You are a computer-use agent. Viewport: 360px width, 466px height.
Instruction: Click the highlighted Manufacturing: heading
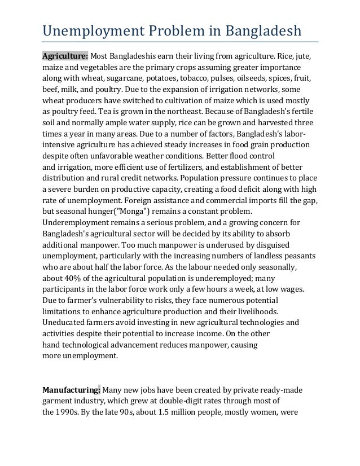[x=72, y=389]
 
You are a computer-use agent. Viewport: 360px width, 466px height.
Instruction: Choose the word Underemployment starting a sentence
[x=75, y=222]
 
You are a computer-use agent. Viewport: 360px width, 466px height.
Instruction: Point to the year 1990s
[x=71, y=411]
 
